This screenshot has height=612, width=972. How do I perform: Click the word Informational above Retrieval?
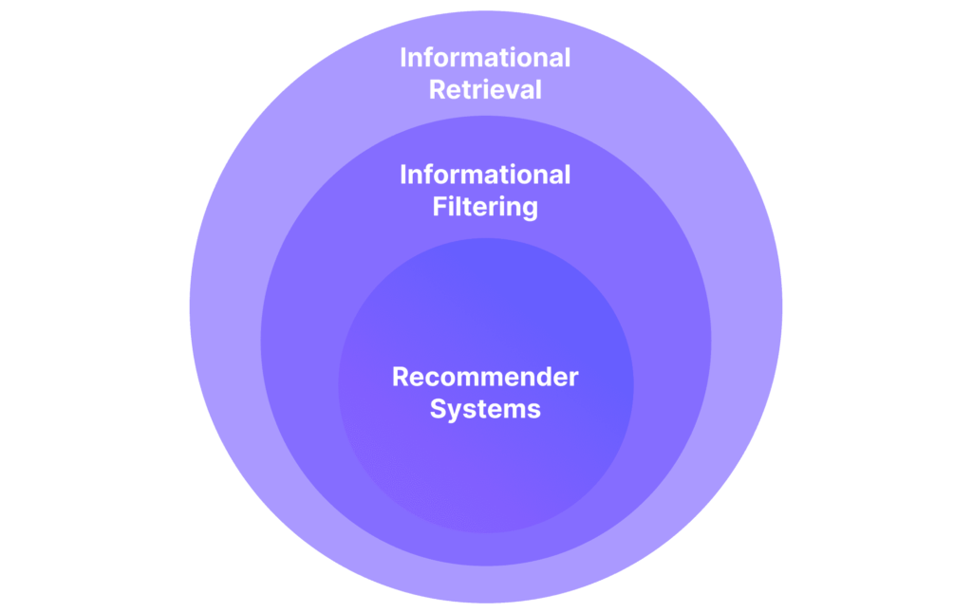click(485, 58)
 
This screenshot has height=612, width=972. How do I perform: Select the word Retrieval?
click(485, 90)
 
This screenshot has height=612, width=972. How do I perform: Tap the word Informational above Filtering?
click(485, 175)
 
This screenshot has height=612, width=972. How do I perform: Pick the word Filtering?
click(485, 208)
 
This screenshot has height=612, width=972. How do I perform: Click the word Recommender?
click(485, 377)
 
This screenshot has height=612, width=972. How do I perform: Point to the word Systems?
click(485, 410)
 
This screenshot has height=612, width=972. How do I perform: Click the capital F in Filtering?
click(439, 206)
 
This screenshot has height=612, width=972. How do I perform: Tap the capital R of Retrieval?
click(437, 90)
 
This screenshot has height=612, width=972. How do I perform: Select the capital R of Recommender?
click(401, 377)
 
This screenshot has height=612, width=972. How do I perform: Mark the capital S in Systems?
click(438, 409)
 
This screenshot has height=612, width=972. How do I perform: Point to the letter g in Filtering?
click(531, 211)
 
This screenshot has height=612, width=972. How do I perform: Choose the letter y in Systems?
click(455, 413)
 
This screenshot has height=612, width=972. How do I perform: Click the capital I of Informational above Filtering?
click(402, 175)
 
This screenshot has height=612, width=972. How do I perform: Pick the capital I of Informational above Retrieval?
click(402, 58)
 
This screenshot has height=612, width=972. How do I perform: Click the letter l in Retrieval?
click(539, 89)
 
